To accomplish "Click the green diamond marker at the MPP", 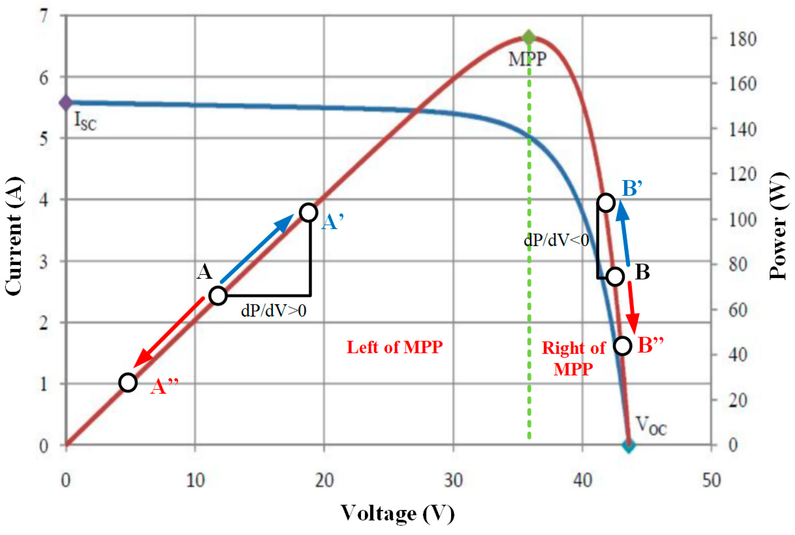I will point(529,37).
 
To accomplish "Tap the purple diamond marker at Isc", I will point(65,102).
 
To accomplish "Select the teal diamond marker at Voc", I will point(629,445).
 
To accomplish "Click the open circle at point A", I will point(218,295).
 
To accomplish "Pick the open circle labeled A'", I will point(308,212).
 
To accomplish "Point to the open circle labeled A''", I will point(128,383).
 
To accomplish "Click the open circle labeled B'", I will point(606,203).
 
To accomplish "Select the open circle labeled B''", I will point(623,346).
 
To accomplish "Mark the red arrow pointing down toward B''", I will point(633,307).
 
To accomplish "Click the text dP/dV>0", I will point(273,311).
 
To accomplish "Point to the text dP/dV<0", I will point(556,240).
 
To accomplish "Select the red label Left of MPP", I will point(394,348).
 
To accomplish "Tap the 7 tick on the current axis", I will point(43,16).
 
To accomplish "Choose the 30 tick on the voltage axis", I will point(454,480).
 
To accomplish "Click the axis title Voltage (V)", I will point(398,513).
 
